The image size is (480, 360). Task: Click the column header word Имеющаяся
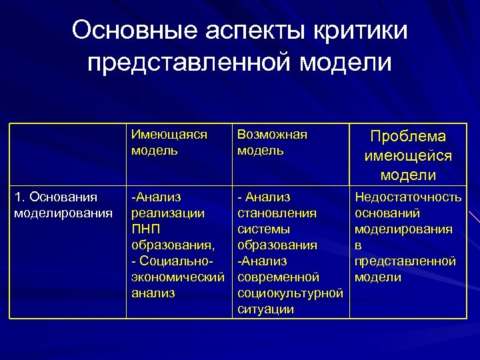point(169,135)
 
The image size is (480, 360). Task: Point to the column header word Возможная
point(273,135)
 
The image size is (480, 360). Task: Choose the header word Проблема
point(408,137)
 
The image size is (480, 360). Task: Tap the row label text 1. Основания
point(55,197)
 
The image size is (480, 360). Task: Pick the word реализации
point(167,213)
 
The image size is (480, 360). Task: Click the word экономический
point(177,277)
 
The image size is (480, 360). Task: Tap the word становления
point(277,213)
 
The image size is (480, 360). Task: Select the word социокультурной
point(291,293)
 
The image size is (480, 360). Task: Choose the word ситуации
point(266,309)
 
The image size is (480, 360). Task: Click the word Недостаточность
point(408,197)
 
